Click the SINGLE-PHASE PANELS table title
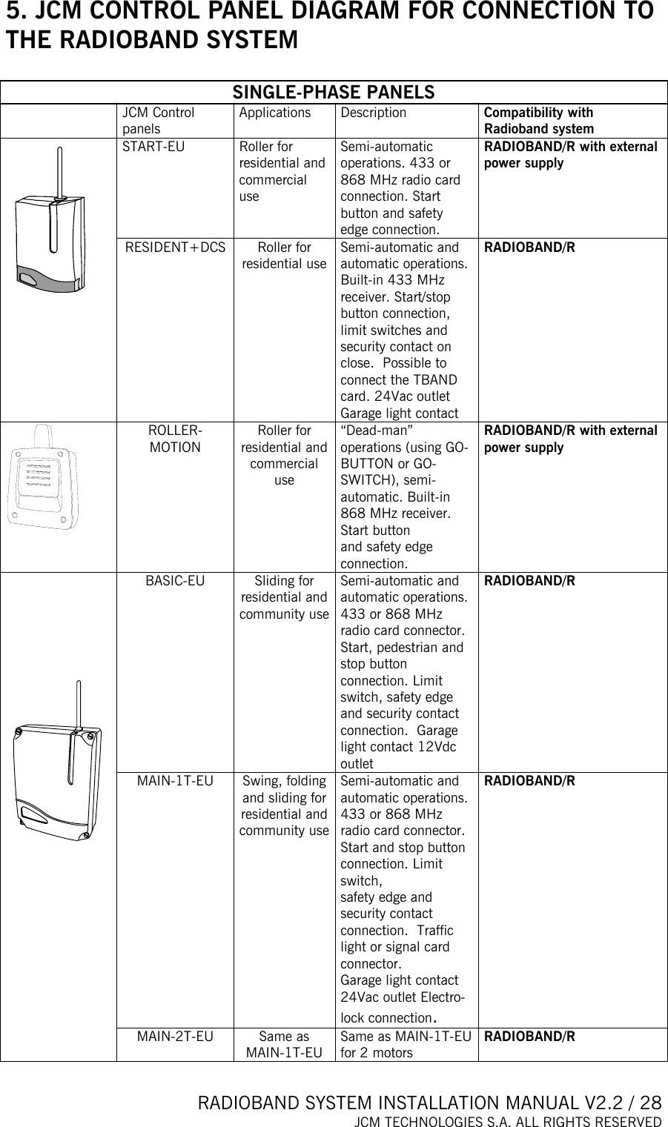click(334, 93)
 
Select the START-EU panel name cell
click(153, 147)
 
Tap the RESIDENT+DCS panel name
click(175, 247)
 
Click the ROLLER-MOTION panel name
click(175, 439)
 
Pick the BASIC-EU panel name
click(175, 581)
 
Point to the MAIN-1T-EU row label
click(175, 781)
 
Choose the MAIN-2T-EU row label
click(175, 1037)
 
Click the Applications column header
click(275, 113)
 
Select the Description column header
click(373, 113)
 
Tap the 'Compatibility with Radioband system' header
click(539, 121)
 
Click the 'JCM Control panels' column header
click(159, 121)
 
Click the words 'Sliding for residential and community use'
click(284, 597)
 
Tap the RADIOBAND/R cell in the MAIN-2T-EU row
click(529, 1037)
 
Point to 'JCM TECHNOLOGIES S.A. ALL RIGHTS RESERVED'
click(507, 1120)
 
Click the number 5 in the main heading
click(13, 13)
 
